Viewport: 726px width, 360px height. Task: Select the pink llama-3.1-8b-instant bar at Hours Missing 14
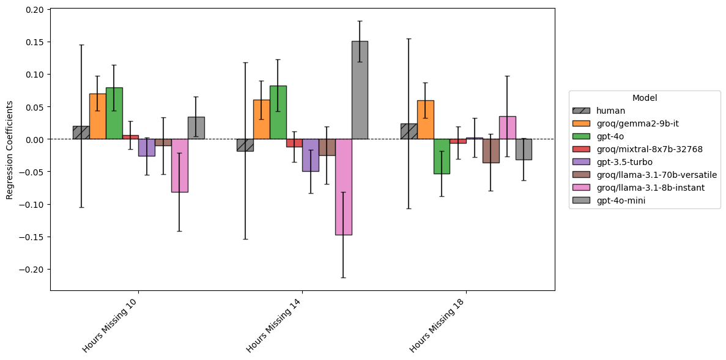click(343, 186)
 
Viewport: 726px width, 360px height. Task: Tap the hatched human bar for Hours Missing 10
click(81, 133)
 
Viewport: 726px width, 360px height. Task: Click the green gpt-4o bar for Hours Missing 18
click(442, 156)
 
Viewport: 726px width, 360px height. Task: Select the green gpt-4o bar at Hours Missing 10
click(114, 114)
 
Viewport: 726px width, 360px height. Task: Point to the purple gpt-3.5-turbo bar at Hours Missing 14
click(310, 155)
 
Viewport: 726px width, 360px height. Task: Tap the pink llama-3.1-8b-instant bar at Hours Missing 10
click(179, 166)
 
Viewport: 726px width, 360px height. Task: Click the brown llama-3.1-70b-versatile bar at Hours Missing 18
click(491, 151)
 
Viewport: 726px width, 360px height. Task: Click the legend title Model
click(645, 98)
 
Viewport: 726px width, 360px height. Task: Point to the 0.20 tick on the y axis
click(35, 10)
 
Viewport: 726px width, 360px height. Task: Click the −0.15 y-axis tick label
click(33, 237)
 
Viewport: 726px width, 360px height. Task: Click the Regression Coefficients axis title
click(9, 149)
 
